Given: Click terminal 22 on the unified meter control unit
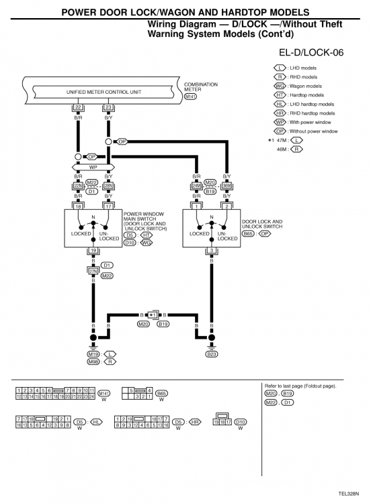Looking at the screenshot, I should click(79, 107).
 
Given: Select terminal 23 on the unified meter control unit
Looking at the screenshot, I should click(109, 107).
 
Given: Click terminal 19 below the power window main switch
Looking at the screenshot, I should click(93, 250).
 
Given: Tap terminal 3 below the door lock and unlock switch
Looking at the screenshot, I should click(212, 250).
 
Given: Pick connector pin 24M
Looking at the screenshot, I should click(196, 186).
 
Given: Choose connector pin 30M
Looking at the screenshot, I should click(226, 186).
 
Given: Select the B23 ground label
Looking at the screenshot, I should click(212, 353).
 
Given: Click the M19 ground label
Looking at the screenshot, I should click(93, 353).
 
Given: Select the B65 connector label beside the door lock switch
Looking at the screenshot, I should click(248, 234).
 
